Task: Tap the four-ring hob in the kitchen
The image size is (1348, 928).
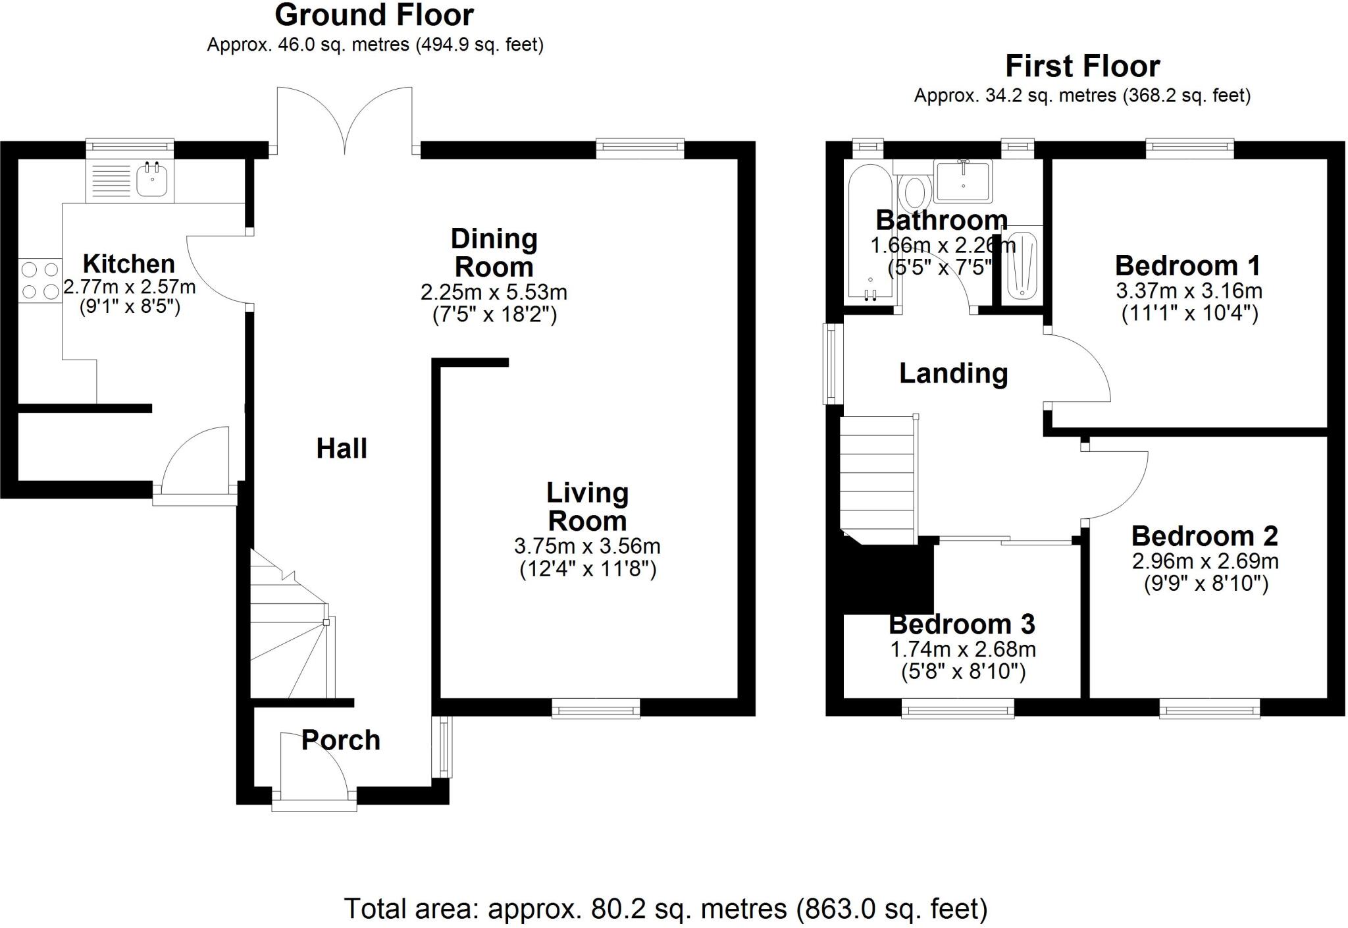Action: (x=40, y=280)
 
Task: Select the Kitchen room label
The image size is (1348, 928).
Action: (x=129, y=264)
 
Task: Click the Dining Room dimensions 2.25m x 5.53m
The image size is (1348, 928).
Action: (x=494, y=292)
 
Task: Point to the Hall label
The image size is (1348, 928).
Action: (x=342, y=449)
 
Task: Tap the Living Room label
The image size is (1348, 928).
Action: (x=587, y=506)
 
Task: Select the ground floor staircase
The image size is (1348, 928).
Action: (x=290, y=626)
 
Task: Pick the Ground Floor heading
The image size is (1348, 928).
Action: (x=374, y=15)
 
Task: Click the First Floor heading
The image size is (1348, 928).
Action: (x=1082, y=67)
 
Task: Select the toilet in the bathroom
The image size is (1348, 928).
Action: (x=914, y=192)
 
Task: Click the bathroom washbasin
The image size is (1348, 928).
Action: (x=963, y=180)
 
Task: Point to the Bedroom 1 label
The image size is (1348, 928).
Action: (x=1188, y=266)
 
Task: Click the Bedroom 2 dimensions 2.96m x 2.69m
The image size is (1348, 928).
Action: (x=1205, y=561)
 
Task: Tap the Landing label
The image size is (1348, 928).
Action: (x=953, y=373)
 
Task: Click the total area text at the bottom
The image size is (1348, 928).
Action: (x=665, y=909)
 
